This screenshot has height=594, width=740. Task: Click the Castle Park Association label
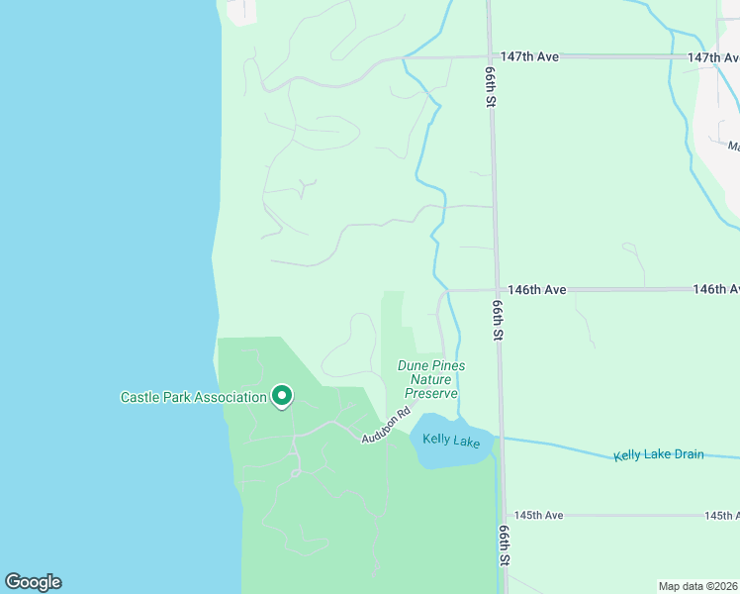tap(194, 398)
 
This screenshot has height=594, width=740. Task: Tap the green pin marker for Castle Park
tap(282, 396)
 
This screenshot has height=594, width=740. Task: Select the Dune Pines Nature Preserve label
tap(430, 379)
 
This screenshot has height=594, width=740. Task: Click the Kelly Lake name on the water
tap(451, 441)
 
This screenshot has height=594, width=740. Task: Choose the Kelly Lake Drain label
tap(658, 454)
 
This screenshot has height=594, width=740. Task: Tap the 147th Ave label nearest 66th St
tap(529, 57)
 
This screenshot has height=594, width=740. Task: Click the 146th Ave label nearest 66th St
tap(536, 290)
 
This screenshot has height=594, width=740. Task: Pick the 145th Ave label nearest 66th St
tap(538, 516)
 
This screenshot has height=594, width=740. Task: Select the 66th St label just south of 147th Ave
tap(490, 88)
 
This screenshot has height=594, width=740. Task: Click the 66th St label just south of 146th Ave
tap(498, 323)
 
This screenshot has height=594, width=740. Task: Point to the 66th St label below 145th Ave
tap(505, 545)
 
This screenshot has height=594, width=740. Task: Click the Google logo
tap(33, 582)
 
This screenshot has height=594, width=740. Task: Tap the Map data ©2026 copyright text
tap(698, 585)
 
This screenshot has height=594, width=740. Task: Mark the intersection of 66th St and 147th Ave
tap(489, 57)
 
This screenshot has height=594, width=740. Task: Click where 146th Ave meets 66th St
tap(497, 290)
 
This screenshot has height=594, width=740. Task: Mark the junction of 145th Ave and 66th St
tap(504, 516)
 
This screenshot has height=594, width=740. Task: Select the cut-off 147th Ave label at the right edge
tap(713, 57)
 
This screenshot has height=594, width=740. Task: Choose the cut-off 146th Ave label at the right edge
tap(716, 290)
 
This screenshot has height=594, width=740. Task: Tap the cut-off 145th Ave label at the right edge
tap(721, 516)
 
